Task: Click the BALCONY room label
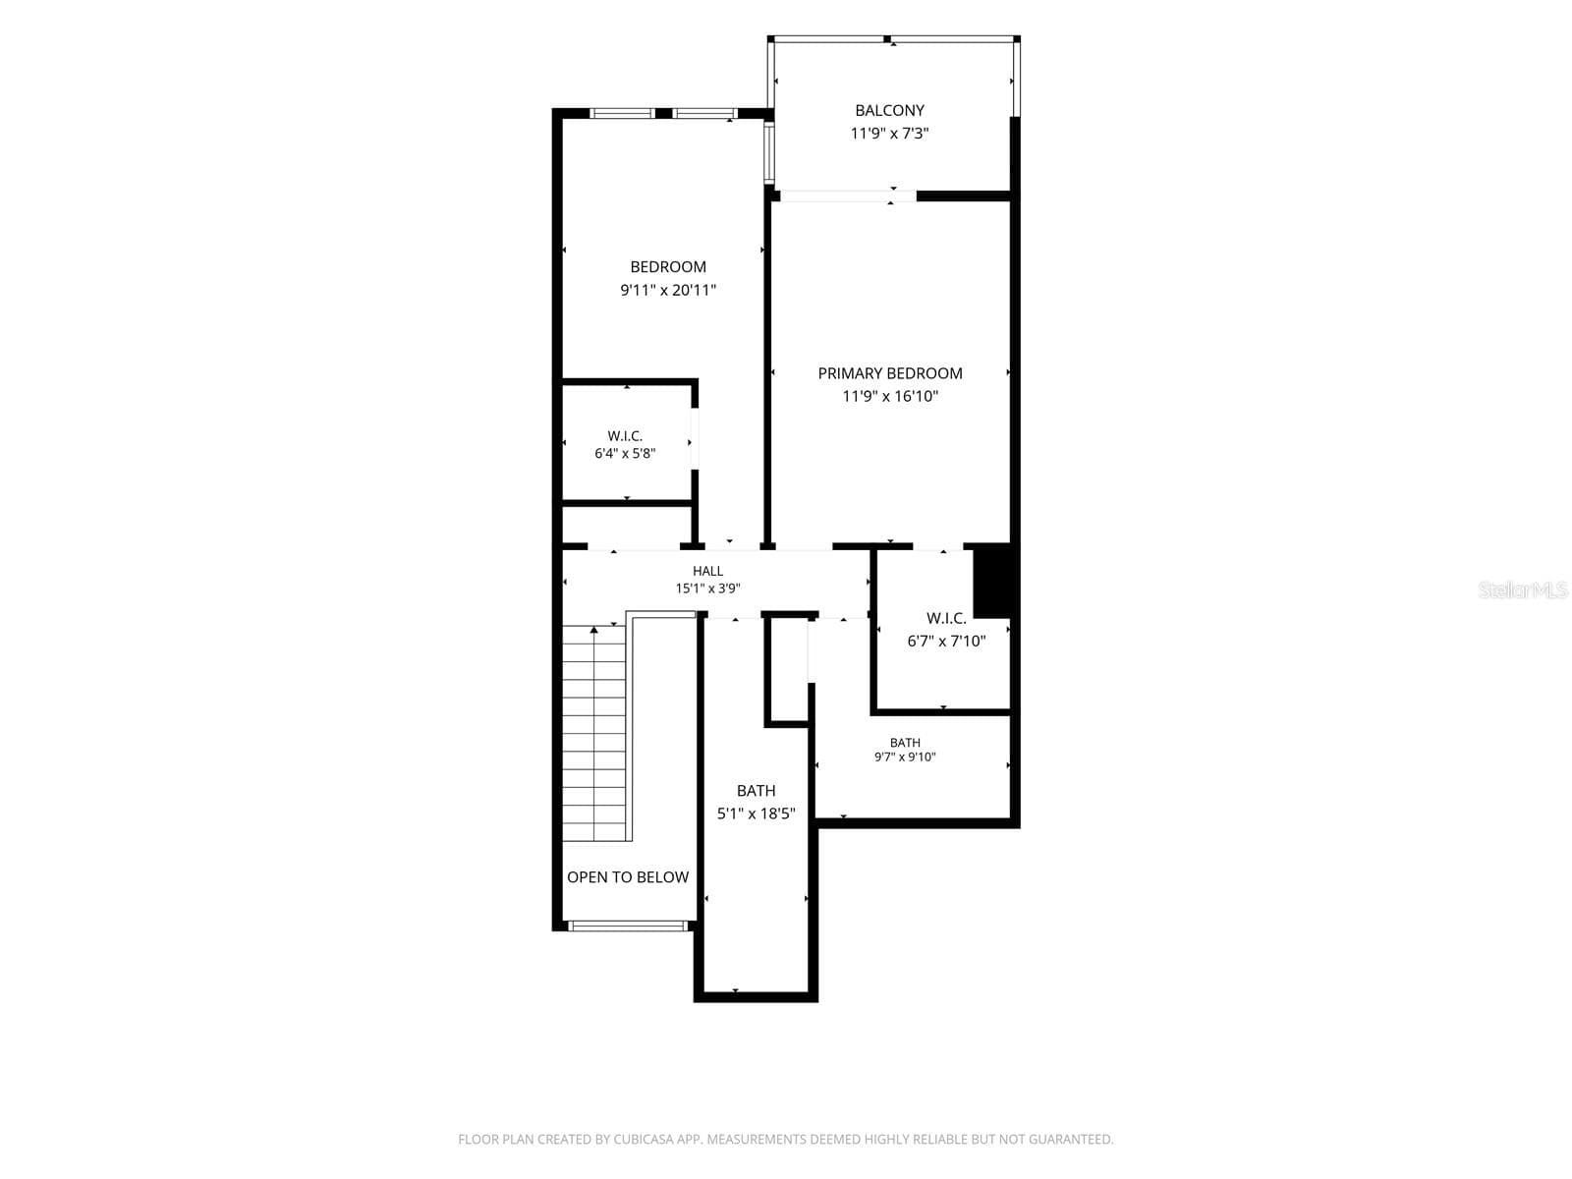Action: click(x=889, y=110)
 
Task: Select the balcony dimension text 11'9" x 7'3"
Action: click(x=889, y=134)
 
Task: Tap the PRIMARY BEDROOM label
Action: click(x=889, y=373)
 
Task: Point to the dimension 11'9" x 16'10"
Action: click(x=889, y=396)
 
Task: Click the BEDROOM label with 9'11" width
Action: click(x=667, y=267)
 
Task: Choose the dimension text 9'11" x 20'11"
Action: click(x=667, y=290)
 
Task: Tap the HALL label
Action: click(x=707, y=571)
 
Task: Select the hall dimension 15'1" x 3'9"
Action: click(x=707, y=589)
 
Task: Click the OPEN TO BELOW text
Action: click(x=628, y=877)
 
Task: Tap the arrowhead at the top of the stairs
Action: click(x=593, y=630)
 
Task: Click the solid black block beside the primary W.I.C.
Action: click(x=991, y=581)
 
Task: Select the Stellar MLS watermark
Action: click(x=1523, y=589)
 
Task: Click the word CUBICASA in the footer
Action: click(x=639, y=1139)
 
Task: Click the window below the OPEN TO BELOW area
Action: click(x=628, y=926)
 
